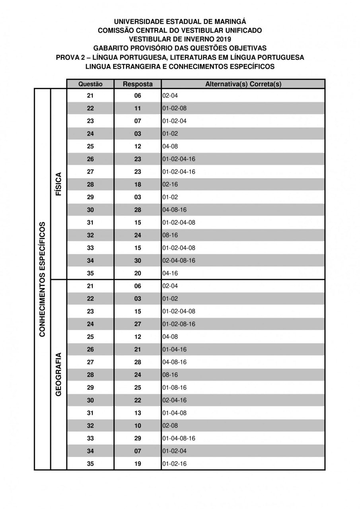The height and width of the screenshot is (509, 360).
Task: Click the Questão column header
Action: (90, 84)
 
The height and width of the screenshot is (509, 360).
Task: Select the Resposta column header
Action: (138, 84)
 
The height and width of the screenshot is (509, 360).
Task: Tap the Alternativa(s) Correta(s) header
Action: (243, 84)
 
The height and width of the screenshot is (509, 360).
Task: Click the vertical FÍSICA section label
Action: (58, 184)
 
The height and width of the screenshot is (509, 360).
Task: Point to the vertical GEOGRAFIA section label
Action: (58, 374)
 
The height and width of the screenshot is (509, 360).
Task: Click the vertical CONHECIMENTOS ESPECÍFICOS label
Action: (42, 279)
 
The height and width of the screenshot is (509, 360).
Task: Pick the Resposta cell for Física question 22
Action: (138, 109)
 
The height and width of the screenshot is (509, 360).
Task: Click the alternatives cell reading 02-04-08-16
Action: (179, 261)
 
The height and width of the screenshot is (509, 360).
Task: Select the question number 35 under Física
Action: (90, 274)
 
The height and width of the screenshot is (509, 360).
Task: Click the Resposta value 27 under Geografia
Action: (138, 324)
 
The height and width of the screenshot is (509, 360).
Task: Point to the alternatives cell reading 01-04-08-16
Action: (179, 439)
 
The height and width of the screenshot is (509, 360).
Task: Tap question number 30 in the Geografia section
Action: (90, 400)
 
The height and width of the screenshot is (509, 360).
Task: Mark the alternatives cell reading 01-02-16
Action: (175, 464)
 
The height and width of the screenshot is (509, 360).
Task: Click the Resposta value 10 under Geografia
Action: (138, 426)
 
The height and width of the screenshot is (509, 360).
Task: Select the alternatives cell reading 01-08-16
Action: (175, 388)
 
